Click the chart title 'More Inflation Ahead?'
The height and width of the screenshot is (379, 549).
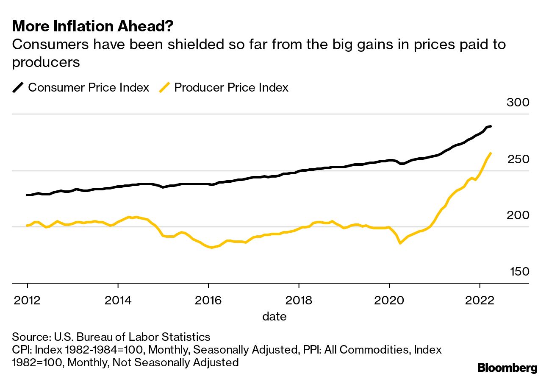tap(93, 27)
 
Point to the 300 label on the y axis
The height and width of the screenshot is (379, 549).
tap(518, 103)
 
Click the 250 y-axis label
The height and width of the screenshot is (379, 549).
tap(518, 159)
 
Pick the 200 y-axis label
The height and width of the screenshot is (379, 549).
tap(518, 215)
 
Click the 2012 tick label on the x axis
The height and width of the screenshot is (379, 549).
tap(28, 300)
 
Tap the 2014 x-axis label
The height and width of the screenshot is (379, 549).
tap(118, 300)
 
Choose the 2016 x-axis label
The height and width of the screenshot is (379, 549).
tap(208, 300)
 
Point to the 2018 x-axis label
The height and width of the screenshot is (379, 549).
tap(299, 300)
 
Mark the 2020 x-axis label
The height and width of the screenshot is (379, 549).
tap(389, 300)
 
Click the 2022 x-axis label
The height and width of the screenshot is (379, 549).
tap(480, 300)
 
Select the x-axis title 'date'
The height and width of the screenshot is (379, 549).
tap(274, 316)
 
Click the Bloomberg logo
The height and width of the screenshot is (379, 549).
tap(507, 368)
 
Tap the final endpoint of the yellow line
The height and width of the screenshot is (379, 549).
tap(491, 153)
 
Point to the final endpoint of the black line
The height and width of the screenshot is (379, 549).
tap(490, 126)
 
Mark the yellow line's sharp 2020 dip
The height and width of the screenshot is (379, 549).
tap(399, 243)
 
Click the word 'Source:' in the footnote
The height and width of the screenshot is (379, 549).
tap(31, 337)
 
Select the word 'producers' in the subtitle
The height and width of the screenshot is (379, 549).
tap(46, 62)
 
